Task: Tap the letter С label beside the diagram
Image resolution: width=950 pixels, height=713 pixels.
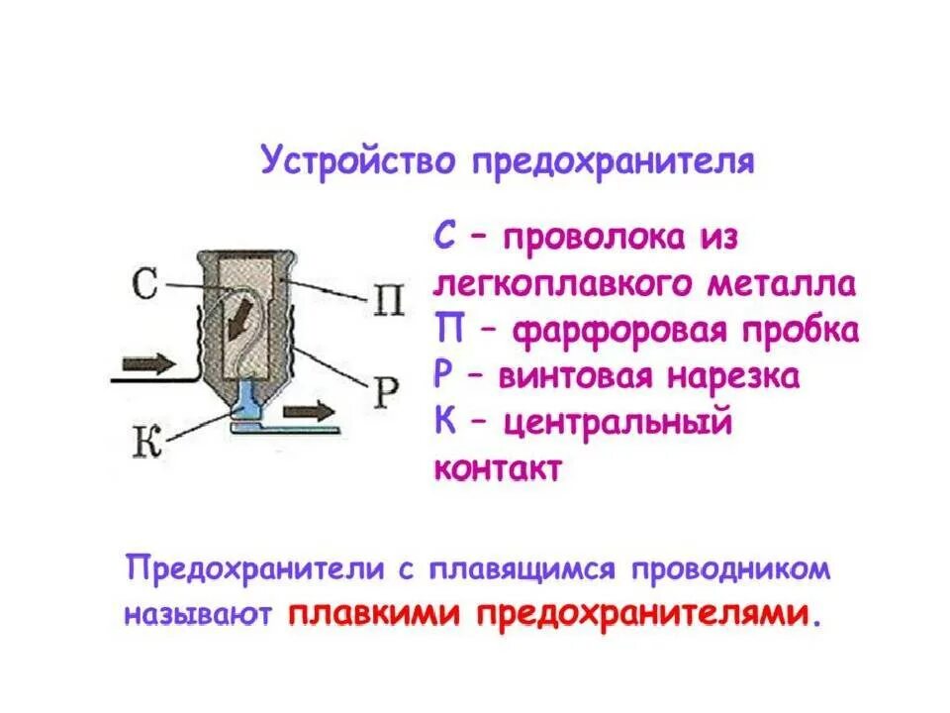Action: click(144, 285)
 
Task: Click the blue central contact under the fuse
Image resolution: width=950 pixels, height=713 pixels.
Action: click(247, 404)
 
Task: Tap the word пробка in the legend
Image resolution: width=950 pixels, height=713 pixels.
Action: click(800, 331)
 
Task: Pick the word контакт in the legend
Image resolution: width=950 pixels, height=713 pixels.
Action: click(497, 467)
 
